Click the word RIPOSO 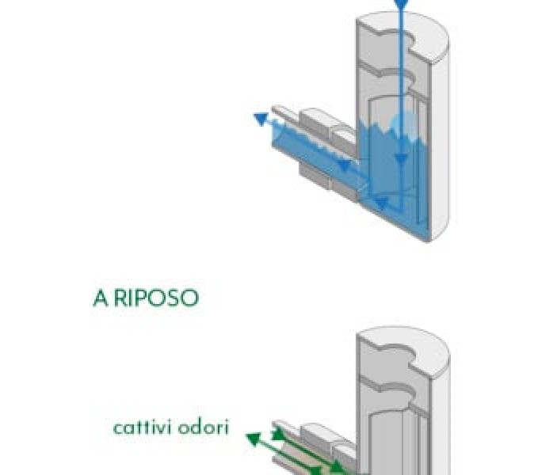tap(156, 298)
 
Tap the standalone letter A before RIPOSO tap(100, 298)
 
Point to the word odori tap(203, 427)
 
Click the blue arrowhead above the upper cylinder tap(401, 3)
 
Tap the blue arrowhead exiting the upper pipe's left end tap(261, 119)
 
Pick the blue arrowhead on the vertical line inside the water tap(401, 159)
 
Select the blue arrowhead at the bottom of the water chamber tap(381, 203)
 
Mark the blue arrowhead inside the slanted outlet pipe tap(343, 165)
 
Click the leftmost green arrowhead tap(254, 439)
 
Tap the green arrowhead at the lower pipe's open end tap(278, 434)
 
